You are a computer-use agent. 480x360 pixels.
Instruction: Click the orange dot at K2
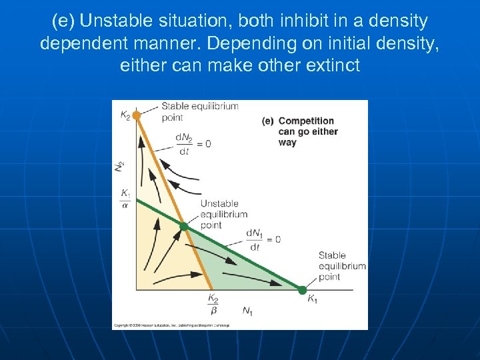[136, 115]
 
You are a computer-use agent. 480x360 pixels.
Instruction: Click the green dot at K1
[302, 290]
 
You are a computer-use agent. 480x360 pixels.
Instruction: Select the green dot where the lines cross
[184, 227]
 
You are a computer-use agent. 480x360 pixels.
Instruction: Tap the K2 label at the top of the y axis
[125, 115]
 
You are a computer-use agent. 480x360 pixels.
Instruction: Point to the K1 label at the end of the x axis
[312, 300]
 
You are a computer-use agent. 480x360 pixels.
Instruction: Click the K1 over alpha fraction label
[125, 199]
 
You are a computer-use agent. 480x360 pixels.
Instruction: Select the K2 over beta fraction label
[213, 303]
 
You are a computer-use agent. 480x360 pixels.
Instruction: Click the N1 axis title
[247, 311]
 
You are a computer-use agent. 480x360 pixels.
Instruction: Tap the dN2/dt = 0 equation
[193, 143]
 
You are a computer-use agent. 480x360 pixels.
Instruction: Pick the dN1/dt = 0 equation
[263, 239]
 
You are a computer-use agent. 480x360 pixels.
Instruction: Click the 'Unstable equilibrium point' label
[223, 214]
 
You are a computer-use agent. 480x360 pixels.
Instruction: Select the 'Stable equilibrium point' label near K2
[199, 111]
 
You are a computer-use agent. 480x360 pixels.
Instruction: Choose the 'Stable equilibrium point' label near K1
[341, 265]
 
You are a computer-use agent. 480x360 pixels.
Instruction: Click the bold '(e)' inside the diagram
[268, 121]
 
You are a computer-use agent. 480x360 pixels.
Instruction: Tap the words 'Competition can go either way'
[308, 131]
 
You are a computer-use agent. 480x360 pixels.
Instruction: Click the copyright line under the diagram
[171, 325]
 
